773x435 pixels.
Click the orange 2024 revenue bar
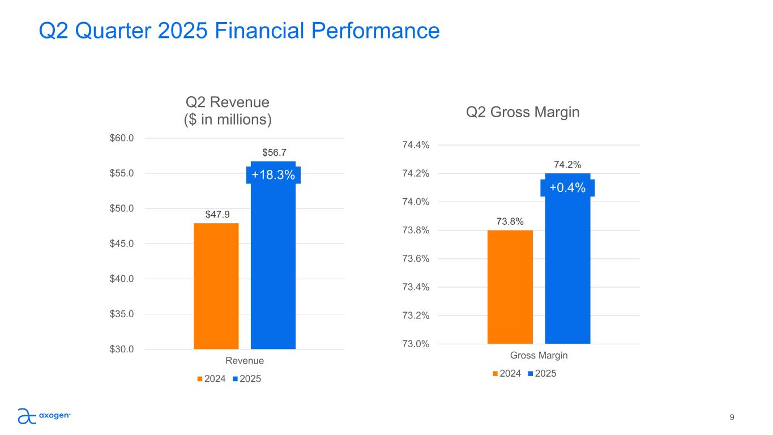pos(216,286)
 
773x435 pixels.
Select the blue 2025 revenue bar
pos(273,266)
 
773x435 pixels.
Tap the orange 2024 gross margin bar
pos(510,287)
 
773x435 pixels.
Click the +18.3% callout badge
pos(273,175)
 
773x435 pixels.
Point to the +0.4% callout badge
pos(567,187)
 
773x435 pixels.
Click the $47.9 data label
pos(216,214)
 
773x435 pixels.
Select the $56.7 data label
pos(273,152)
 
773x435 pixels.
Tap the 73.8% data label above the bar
pos(510,221)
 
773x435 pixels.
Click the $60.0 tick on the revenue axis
pos(122,138)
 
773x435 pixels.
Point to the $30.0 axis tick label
pos(122,349)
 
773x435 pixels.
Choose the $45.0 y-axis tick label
pos(122,244)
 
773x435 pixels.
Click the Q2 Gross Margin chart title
pos(523,112)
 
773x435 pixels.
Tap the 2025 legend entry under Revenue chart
pos(247,378)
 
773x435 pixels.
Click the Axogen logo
pos(44,416)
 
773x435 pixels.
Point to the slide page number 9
pos(732,417)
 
